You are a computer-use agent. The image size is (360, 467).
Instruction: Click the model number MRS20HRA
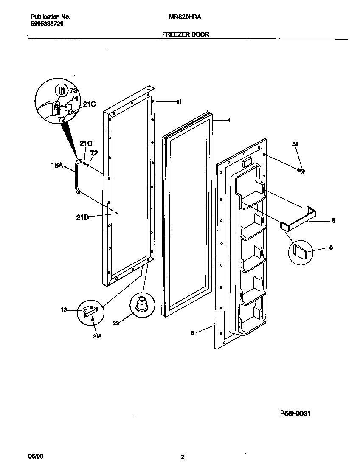coord(182,17)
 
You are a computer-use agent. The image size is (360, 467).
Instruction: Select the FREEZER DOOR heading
coord(186,34)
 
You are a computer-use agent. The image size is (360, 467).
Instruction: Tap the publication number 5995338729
coord(48,25)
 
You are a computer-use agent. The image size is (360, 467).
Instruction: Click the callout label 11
coord(179,102)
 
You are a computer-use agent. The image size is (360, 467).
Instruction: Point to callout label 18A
coord(57,166)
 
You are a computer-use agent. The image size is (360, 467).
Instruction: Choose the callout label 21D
coord(82,217)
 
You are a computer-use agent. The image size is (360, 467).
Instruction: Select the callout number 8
coord(333,221)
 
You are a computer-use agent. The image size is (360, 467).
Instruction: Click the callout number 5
coord(331,247)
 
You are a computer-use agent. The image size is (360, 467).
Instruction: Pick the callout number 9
coord(192,333)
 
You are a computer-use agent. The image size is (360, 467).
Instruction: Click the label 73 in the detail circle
coord(73,90)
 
